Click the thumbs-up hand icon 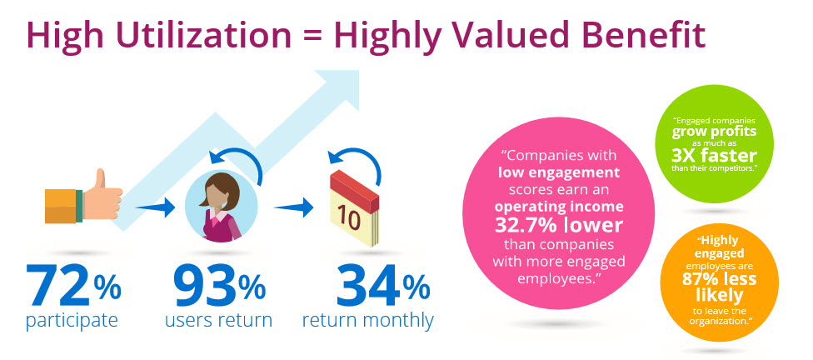tap(84, 200)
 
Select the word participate tap(73, 320)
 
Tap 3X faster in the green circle tap(714, 156)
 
